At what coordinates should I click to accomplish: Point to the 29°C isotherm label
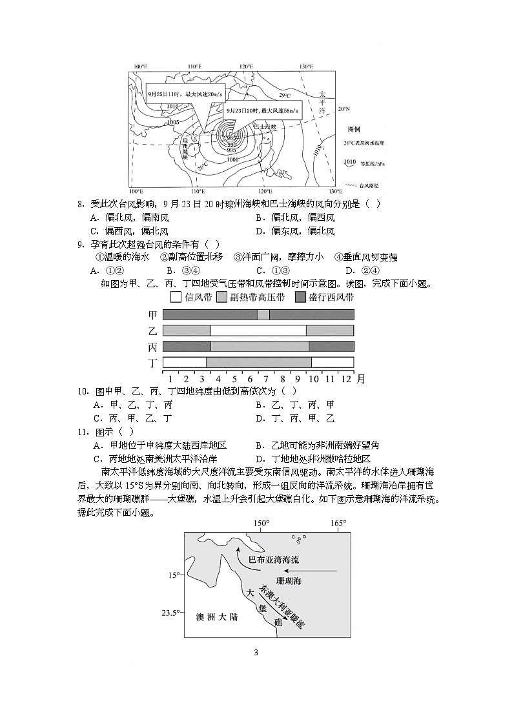[x=285, y=96]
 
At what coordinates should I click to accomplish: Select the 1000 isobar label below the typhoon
[x=232, y=159]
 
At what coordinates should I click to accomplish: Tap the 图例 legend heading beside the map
[x=353, y=129]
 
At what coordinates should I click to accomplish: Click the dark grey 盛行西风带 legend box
[x=301, y=297]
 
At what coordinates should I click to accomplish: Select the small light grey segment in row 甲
[x=263, y=314]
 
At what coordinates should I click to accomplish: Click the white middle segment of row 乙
[x=258, y=331]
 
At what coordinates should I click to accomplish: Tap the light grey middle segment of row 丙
[x=260, y=346]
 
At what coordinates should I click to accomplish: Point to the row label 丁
[x=153, y=362]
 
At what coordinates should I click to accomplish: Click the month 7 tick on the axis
[x=266, y=378]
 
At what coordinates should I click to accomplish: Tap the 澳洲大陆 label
[x=216, y=617]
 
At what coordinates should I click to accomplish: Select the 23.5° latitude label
[x=169, y=613]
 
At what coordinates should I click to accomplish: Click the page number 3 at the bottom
[x=256, y=652]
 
